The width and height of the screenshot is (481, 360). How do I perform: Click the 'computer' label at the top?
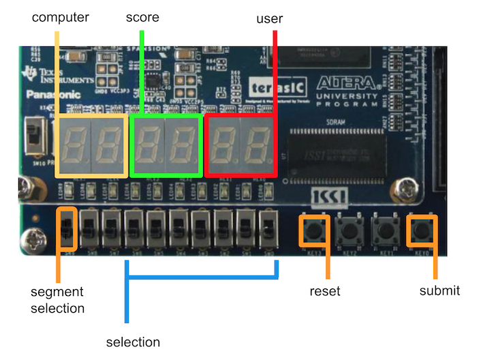[x=61, y=17]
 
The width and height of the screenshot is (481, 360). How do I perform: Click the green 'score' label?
[x=142, y=17]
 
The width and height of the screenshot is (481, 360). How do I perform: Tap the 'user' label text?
[x=270, y=18]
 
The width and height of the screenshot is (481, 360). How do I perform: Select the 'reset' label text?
[x=324, y=291]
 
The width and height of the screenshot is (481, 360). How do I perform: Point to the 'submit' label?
[x=439, y=291]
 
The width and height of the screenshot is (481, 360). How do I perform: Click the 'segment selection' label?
[x=58, y=300]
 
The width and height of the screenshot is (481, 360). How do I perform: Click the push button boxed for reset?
[x=313, y=230]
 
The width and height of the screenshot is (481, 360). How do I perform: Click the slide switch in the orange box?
[x=67, y=228]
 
